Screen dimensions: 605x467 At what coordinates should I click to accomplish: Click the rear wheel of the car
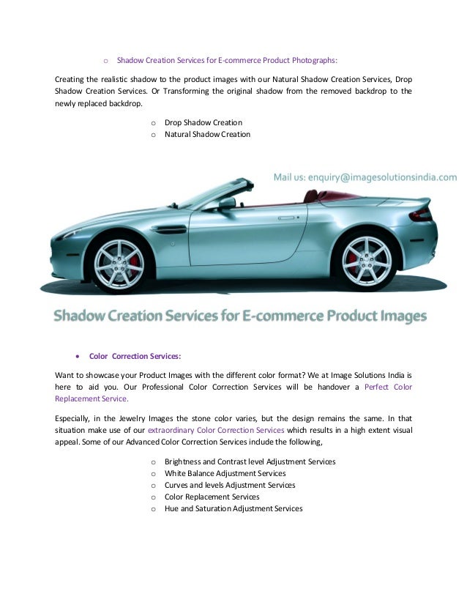coord(363,258)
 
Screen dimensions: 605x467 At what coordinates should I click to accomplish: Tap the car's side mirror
coord(226,203)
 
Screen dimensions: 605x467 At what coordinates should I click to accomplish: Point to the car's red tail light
coord(420,215)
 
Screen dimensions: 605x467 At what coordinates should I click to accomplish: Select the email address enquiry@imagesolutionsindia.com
coord(365,177)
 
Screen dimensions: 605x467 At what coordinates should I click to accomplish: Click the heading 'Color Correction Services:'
coord(135,357)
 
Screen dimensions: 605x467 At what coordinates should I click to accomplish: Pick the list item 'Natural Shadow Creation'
coord(207,134)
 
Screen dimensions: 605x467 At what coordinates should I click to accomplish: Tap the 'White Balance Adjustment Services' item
coord(225,473)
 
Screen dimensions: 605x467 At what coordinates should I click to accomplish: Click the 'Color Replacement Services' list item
coord(212,497)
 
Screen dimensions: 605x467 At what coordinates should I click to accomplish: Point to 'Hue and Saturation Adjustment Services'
coord(233,508)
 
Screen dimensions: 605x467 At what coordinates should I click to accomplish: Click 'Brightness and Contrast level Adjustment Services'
coord(250,461)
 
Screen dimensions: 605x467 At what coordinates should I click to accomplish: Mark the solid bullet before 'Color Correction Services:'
coord(78,357)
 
